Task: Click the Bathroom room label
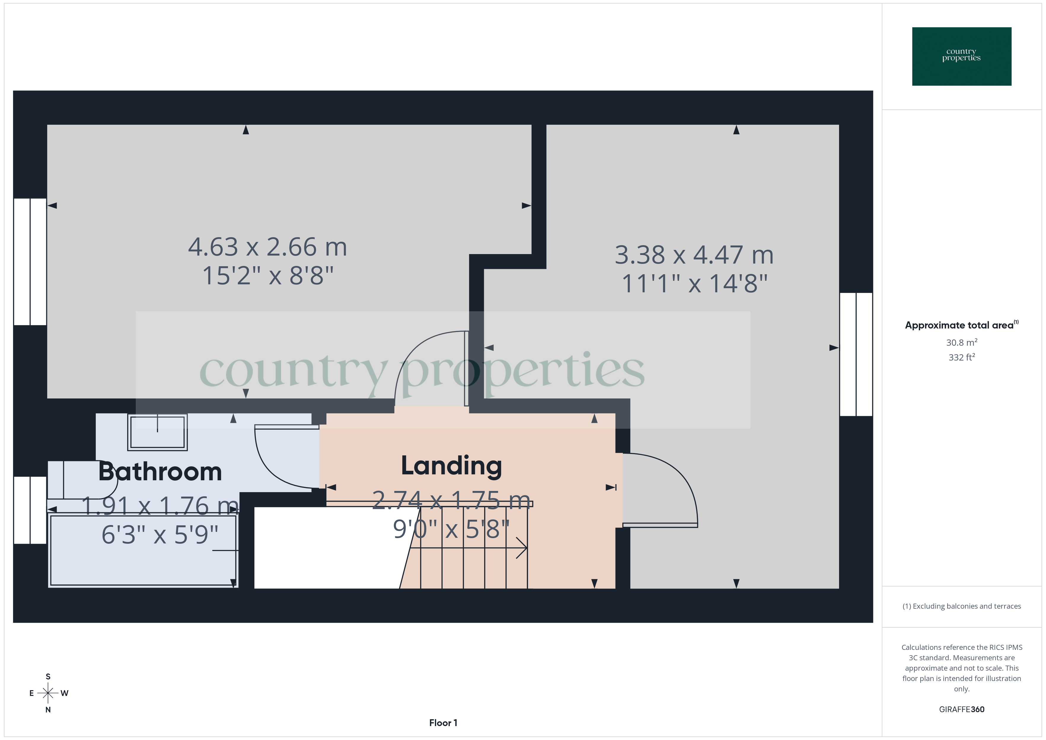point(160,472)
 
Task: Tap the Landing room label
point(451,466)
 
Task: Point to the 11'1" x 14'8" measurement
point(694,283)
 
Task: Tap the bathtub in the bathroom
point(143,550)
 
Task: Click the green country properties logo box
point(961,57)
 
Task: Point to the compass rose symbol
point(48,693)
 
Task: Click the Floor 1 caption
point(443,723)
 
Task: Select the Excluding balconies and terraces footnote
point(961,606)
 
